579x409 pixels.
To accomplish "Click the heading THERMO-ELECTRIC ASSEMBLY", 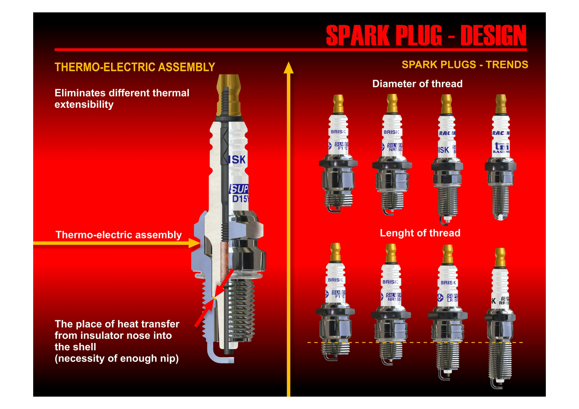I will tap(135, 67).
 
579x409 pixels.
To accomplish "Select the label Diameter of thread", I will tap(417, 84).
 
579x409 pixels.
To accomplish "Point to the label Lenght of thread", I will tap(420, 233).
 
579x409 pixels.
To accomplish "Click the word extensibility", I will tap(84, 104).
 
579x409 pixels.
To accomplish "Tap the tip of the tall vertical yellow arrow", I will tap(288, 66).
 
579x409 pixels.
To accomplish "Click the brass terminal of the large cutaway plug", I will tap(228, 96).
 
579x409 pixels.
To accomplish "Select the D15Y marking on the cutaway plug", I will tap(240, 199).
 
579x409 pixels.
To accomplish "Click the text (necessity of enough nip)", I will tap(117, 358).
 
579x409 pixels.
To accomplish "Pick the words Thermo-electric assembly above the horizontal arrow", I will tap(119, 235).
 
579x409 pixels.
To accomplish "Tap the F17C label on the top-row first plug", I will tap(342, 148).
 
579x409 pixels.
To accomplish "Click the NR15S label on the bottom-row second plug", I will tap(394, 299).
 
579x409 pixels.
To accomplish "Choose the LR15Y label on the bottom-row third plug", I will tap(452, 300).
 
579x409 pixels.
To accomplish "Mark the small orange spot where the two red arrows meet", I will tap(214, 298).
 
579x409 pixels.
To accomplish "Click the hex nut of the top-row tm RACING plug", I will tap(500, 166).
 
